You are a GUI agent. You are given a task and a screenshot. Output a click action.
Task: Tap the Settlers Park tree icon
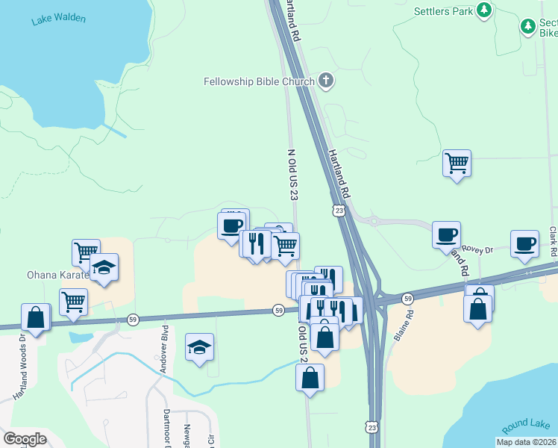click(485, 10)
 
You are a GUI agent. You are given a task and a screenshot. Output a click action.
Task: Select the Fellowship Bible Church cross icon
click(325, 80)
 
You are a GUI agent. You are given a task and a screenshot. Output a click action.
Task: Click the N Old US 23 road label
click(292, 174)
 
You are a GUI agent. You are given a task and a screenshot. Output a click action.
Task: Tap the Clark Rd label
click(554, 243)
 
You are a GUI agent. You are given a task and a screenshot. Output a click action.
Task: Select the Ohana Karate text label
click(57, 274)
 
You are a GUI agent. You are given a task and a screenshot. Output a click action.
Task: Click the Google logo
click(25, 439)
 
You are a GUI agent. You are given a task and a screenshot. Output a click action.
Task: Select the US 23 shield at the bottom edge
click(373, 426)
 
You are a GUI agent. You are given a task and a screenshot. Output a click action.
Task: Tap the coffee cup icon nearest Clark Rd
click(524, 243)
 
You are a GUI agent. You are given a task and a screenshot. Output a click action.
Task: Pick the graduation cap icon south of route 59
click(199, 346)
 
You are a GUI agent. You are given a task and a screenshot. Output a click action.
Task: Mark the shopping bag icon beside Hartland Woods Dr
click(35, 317)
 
